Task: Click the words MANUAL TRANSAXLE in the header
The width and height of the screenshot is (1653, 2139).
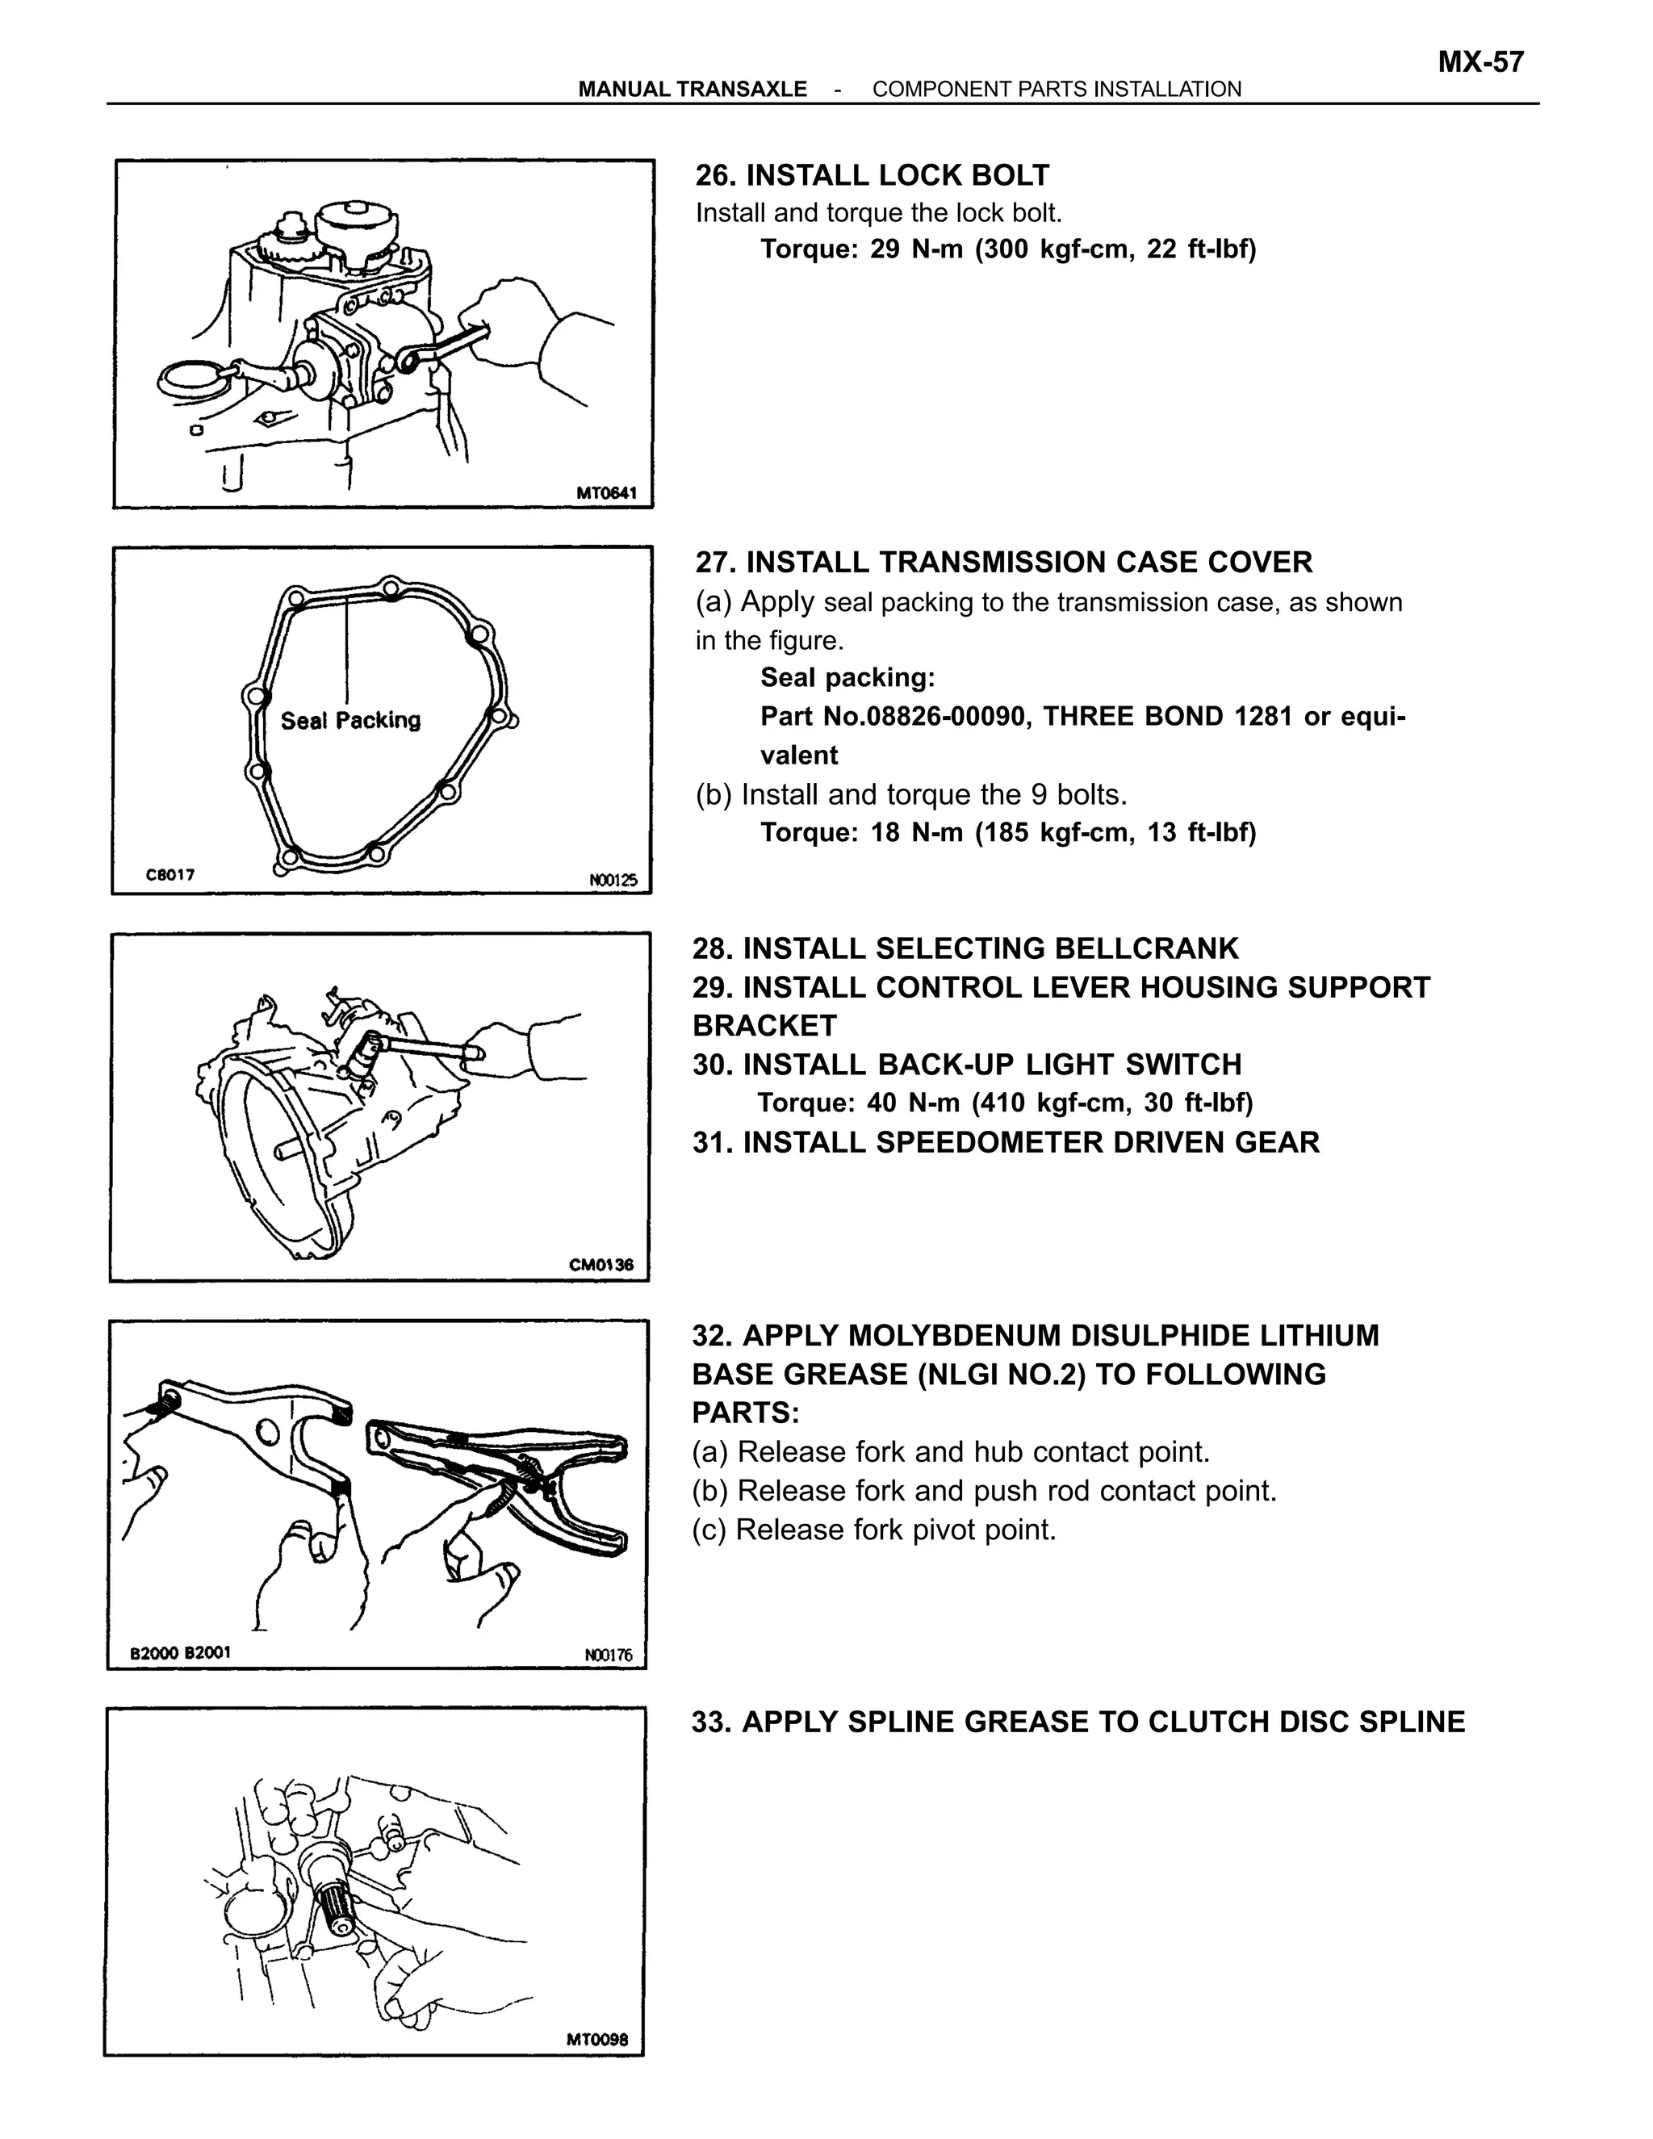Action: click(693, 89)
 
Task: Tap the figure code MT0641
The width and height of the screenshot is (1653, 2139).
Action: click(606, 492)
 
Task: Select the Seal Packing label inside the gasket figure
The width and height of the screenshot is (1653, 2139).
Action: click(350, 721)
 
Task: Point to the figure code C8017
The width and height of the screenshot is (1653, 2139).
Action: click(170, 875)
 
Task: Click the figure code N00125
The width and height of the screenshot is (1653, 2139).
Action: click(613, 880)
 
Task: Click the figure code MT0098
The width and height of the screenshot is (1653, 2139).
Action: click(597, 2040)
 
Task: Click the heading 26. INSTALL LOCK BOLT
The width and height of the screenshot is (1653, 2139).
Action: click(872, 175)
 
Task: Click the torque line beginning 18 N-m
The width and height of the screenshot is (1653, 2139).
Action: click(1007, 832)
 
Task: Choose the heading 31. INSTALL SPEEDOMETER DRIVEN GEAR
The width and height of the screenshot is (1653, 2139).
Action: click(1006, 1142)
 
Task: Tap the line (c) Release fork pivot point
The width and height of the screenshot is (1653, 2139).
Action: click(874, 1529)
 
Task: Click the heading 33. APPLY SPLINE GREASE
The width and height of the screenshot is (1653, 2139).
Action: click(1078, 1722)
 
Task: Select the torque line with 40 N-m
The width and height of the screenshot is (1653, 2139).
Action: click(1005, 1103)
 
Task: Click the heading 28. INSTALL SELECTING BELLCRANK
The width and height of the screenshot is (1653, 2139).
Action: click(965, 948)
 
